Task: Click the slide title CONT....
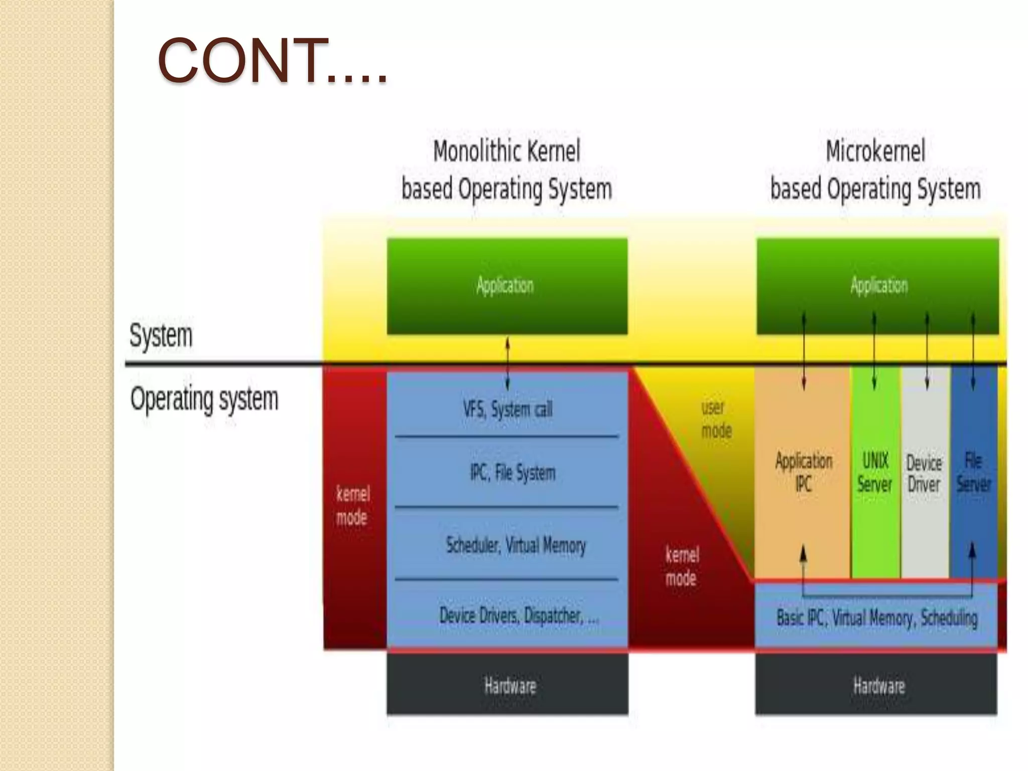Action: [x=272, y=61]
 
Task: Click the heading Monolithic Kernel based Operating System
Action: [x=506, y=170]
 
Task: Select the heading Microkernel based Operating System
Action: [x=875, y=170]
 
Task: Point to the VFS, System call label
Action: [x=507, y=409]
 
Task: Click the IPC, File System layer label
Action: [x=512, y=472]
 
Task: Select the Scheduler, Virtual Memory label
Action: [x=516, y=545]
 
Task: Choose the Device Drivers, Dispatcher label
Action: [x=519, y=615]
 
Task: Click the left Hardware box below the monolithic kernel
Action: [x=507, y=685]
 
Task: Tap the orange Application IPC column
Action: [x=803, y=472]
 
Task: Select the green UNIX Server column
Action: [x=875, y=472]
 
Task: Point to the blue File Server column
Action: [x=973, y=472]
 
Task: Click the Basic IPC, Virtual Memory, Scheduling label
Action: [x=877, y=617]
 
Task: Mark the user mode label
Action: [x=716, y=419]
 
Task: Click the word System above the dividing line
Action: [x=161, y=335]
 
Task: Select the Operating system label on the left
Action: [x=204, y=400]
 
